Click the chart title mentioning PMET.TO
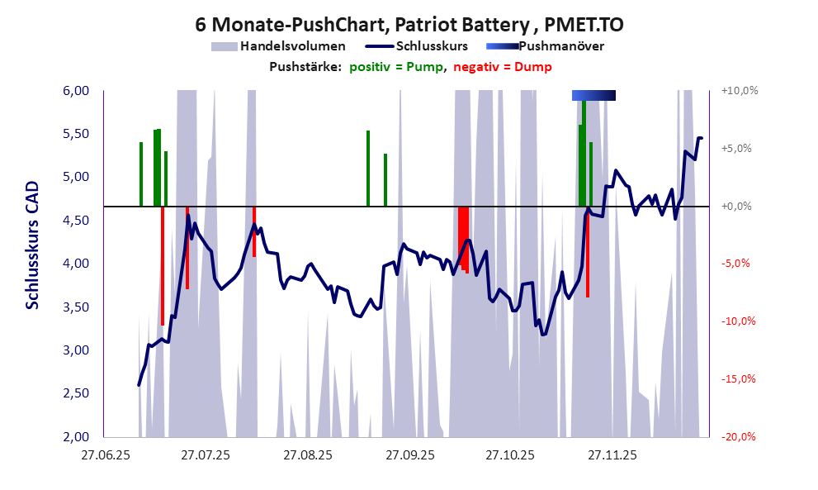(409, 24)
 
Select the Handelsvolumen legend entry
(278, 46)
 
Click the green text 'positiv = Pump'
(397, 67)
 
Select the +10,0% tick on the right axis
(739, 91)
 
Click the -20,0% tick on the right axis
(739, 436)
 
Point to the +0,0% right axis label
(739, 206)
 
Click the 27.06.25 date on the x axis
(104, 454)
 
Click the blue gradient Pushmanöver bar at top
(593, 96)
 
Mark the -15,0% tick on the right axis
(739, 379)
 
